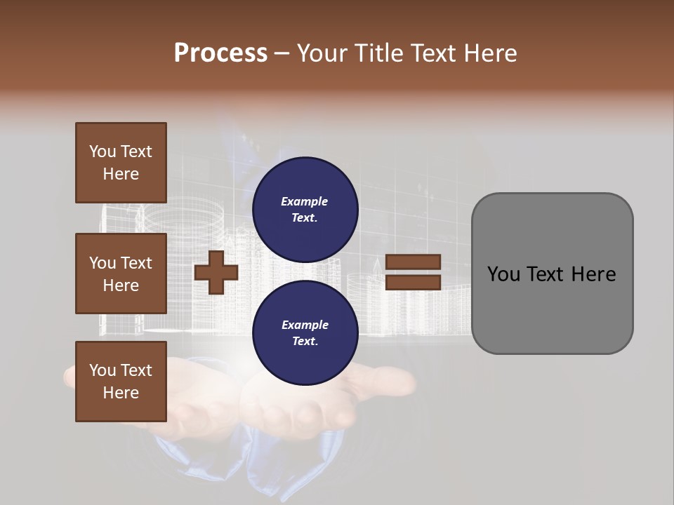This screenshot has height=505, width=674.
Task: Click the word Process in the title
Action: (220, 53)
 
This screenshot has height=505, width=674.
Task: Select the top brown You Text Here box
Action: (121, 163)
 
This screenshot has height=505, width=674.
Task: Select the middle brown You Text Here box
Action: (121, 274)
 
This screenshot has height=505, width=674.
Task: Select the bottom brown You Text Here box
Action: (121, 381)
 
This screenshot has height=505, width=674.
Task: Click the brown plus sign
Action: (216, 272)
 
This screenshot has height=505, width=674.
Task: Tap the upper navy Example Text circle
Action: (305, 210)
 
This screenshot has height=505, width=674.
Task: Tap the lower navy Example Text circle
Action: (305, 333)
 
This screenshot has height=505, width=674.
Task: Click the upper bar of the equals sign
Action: (413, 262)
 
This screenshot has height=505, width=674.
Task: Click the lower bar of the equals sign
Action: (413, 283)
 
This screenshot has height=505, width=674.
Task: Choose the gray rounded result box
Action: (552, 274)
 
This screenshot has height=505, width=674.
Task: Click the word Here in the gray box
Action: (593, 274)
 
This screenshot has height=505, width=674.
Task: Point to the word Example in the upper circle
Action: (305, 201)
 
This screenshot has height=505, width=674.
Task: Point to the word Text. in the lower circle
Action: (305, 342)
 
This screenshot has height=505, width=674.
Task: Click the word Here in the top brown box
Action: (121, 174)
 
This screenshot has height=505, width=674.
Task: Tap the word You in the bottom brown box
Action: (103, 370)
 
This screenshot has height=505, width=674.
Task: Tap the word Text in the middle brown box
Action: (136, 263)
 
